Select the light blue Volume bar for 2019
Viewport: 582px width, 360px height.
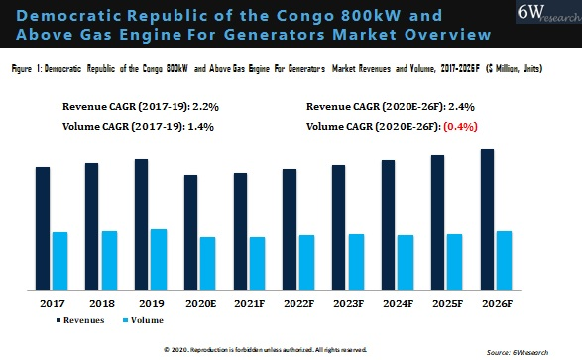(x=159, y=259)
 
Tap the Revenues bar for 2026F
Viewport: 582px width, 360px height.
(x=488, y=219)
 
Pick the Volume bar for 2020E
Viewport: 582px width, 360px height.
(x=207, y=263)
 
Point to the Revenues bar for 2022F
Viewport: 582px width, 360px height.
(x=290, y=229)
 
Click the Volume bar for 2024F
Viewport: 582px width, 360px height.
(x=406, y=262)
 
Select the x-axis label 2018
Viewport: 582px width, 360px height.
(x=101, y=302)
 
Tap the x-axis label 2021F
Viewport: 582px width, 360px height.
(x=249, y=302)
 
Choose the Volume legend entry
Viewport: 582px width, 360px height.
(x=144, y=320)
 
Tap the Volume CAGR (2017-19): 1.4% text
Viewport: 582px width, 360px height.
(x=138, y=126)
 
